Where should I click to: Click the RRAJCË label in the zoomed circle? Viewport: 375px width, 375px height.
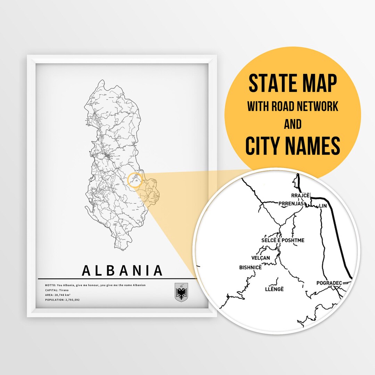pos(300,195)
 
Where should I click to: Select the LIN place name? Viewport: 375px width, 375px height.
pos(323,206)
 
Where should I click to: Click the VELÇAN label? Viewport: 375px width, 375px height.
pos(260,258)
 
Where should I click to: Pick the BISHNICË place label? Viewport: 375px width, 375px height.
pos(250,267)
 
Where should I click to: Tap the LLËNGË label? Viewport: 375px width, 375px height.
pos(274,289)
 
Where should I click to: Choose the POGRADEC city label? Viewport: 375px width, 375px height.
pos(329,283)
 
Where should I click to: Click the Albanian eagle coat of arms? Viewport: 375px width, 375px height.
pos(181,292)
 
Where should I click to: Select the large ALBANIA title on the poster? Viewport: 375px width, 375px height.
pos(123,270)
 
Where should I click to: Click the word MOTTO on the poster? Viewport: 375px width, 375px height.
pos(50,285)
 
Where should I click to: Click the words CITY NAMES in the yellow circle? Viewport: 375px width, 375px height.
pos(293,146)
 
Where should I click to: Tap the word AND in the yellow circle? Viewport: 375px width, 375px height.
pos(293,124)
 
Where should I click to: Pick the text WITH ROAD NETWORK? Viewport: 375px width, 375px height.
pos(293,107)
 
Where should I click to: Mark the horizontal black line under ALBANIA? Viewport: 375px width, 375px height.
pos(118,279)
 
